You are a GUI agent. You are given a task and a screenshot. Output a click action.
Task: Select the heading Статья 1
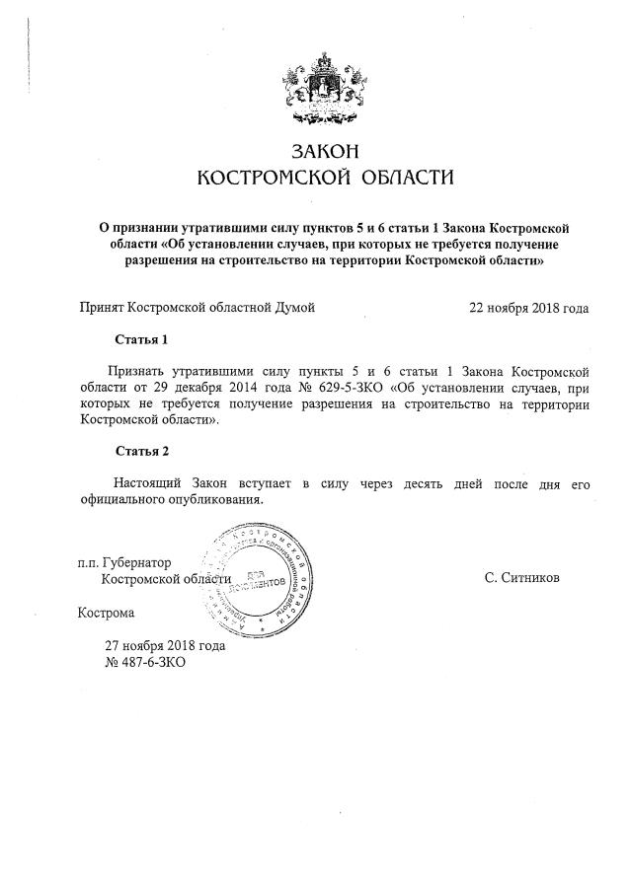tap(142, 339)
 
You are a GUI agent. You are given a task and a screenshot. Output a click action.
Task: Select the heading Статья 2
tap(142, 451)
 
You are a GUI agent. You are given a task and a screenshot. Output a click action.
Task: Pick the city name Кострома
tap(106, 613)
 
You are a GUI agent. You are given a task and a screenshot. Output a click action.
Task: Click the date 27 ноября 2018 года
tap(165, 645)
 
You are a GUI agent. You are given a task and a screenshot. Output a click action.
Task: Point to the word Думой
tap(293, 308)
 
